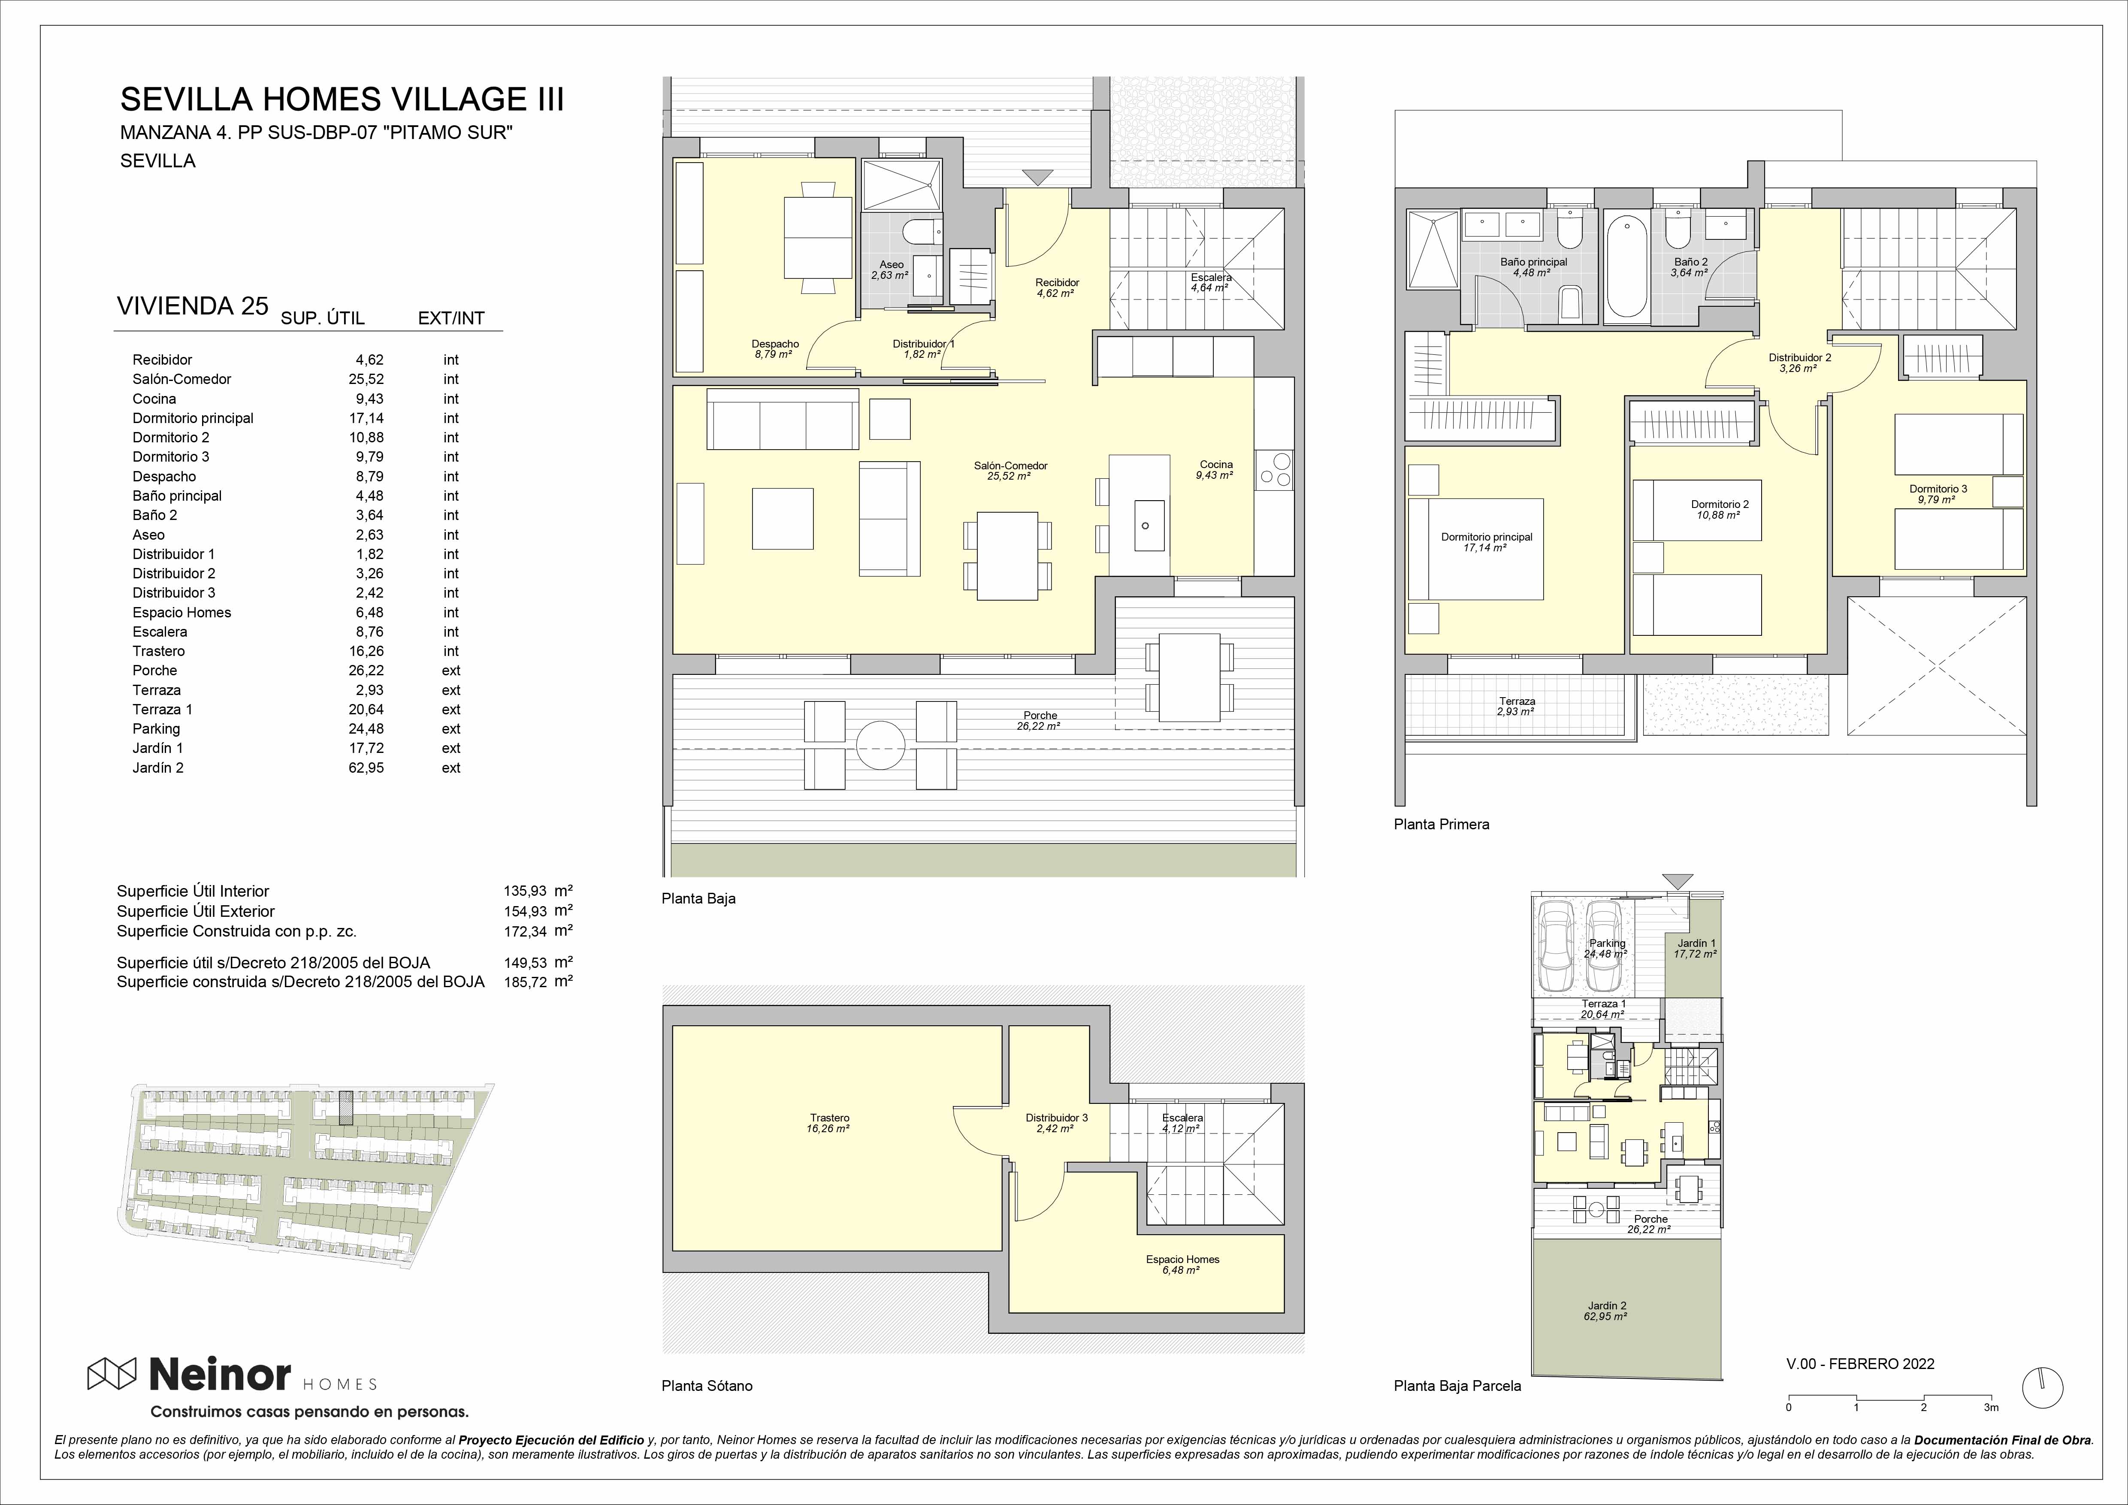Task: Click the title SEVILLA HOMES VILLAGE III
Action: tap(342, 99)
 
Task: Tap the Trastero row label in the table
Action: tap(158, 650)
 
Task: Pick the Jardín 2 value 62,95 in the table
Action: tap(366, 768)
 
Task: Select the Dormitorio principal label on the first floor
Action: tap(1487, 537)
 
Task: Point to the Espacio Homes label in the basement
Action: tap(1183, 1260)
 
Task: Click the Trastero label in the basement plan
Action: tap(828, 1118)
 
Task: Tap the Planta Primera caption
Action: tap(1441, 824)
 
